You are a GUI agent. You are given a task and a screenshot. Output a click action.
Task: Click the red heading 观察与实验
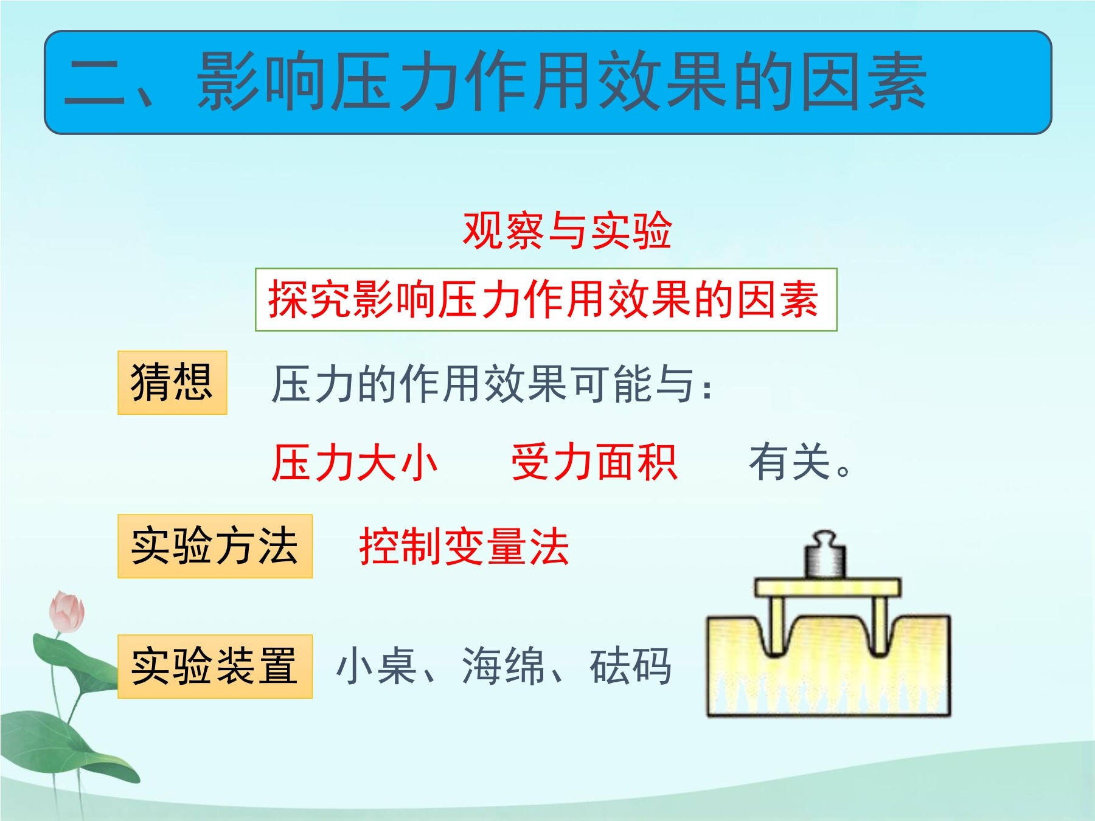(567, 230)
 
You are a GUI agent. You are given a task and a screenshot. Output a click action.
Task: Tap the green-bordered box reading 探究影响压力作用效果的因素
(546, 299)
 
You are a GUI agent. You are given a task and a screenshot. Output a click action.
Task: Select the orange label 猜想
(172, 383)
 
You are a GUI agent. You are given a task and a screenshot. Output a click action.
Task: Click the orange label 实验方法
(215, 546)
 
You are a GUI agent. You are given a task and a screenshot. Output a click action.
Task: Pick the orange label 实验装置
(215, 667)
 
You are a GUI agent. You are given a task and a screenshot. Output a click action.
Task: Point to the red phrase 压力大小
(355, 463)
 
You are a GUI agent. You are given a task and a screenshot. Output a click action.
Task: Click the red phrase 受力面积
(594, 463)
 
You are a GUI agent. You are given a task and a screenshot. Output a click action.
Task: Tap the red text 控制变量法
(464, 546)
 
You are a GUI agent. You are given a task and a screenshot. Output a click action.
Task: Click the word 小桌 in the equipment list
(377, 667)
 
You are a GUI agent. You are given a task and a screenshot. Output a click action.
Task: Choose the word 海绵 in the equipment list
(504, 667)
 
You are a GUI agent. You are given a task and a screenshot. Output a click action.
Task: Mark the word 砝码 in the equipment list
(631, 667)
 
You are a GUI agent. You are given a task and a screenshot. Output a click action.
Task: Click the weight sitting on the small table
(825, 555)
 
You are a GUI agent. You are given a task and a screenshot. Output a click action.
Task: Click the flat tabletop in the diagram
(827, 587)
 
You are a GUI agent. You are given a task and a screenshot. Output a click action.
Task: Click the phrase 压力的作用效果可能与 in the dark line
(484, 384)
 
